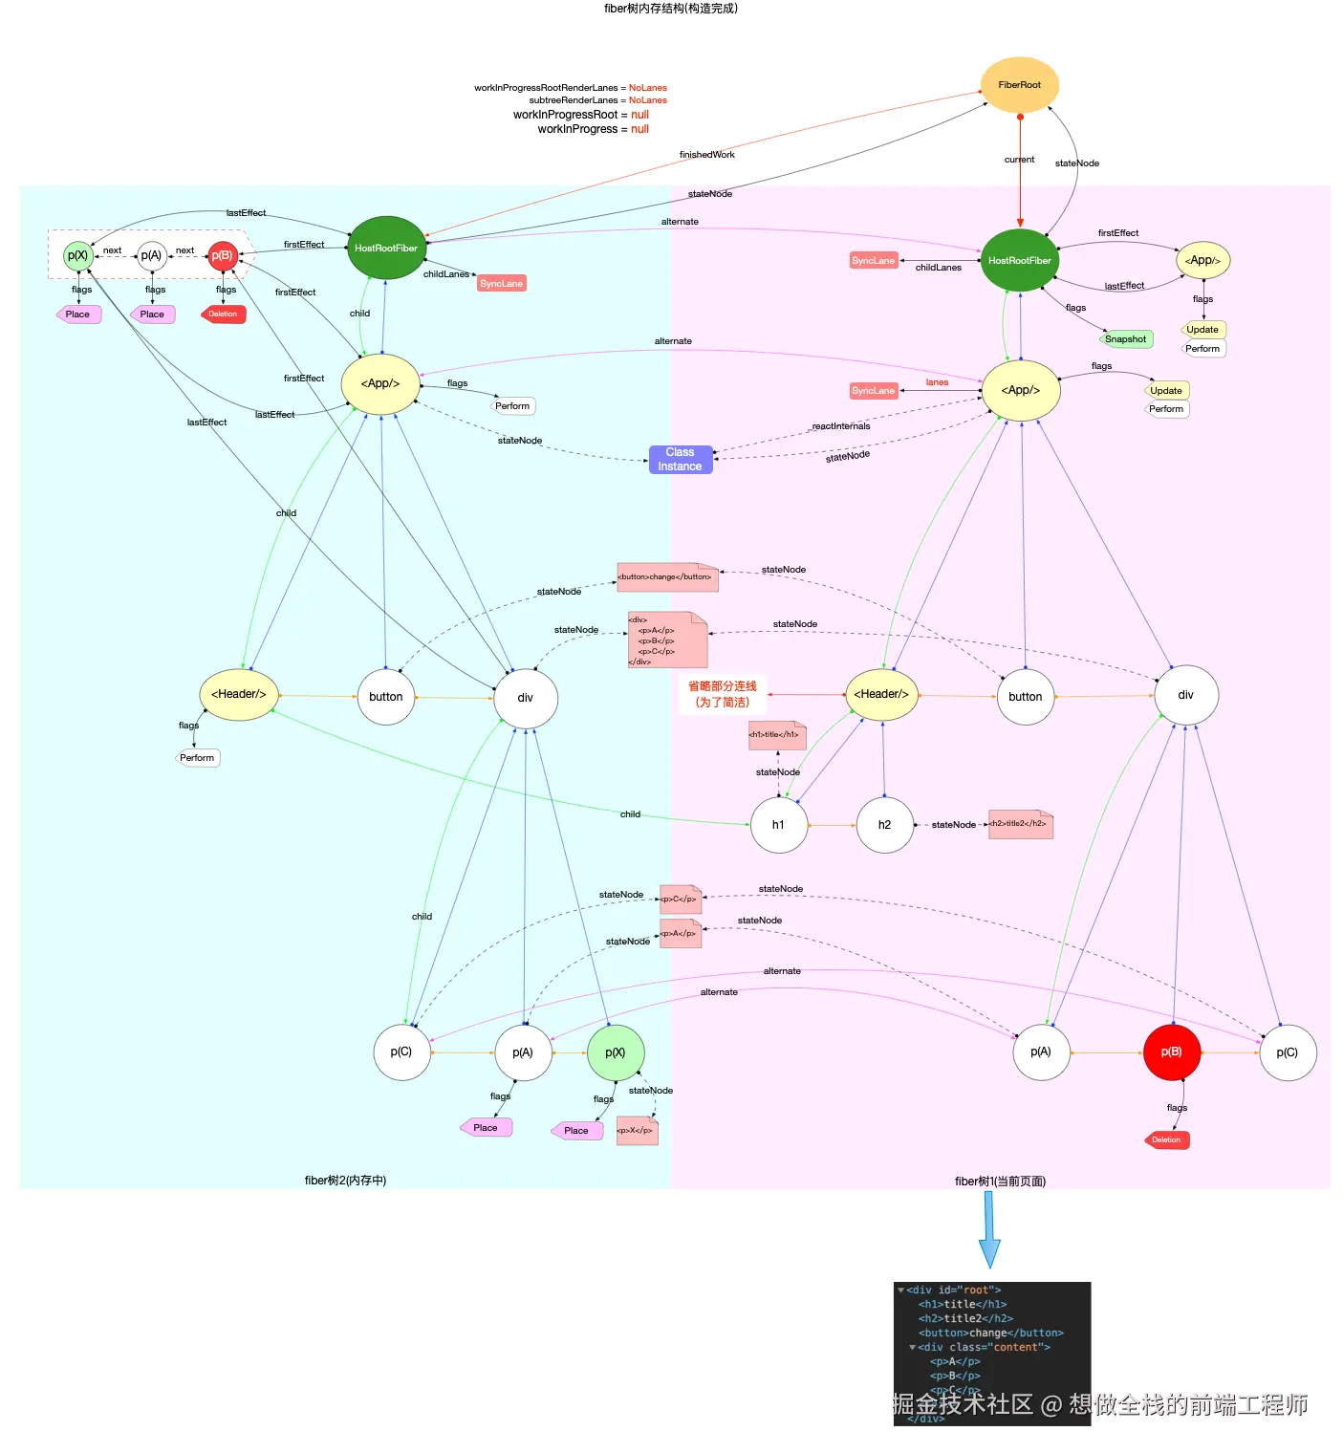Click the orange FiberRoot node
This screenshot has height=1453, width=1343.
[x=1019, y=85]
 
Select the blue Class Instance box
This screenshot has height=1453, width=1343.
[x=680, y=460]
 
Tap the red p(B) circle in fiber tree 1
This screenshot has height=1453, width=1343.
[x=1171, y=1052]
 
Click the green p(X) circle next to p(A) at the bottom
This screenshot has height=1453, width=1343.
[x=615, y=1052]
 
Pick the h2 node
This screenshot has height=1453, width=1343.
[x=884, y=825]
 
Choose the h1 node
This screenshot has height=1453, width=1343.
[x=778, y=825]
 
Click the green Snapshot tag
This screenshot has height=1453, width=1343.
[x=1125, y=339]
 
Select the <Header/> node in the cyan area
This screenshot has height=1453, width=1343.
[x=238, y=694]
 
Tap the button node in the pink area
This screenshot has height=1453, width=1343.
[x=1025, y=697]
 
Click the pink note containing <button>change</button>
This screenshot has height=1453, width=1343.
[x=666, y=577]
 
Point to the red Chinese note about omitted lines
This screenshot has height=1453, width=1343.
[x=723, y=694]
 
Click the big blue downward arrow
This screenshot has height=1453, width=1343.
[x=989, y=1229]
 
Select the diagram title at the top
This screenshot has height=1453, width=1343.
[x=670, y=9]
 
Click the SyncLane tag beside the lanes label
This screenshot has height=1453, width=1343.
[x=874, y=391]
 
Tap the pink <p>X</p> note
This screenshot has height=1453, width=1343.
[x=636, y=1131]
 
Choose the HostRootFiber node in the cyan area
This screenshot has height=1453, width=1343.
[x=385, y=249]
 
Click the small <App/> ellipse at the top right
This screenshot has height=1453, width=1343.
[x=1202, y=260]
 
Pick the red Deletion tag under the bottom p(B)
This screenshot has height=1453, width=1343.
[x=1166, y=1140]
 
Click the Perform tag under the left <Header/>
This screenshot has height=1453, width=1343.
[x=198, y=758]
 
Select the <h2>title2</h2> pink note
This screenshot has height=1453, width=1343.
[x=1019, y=824]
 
